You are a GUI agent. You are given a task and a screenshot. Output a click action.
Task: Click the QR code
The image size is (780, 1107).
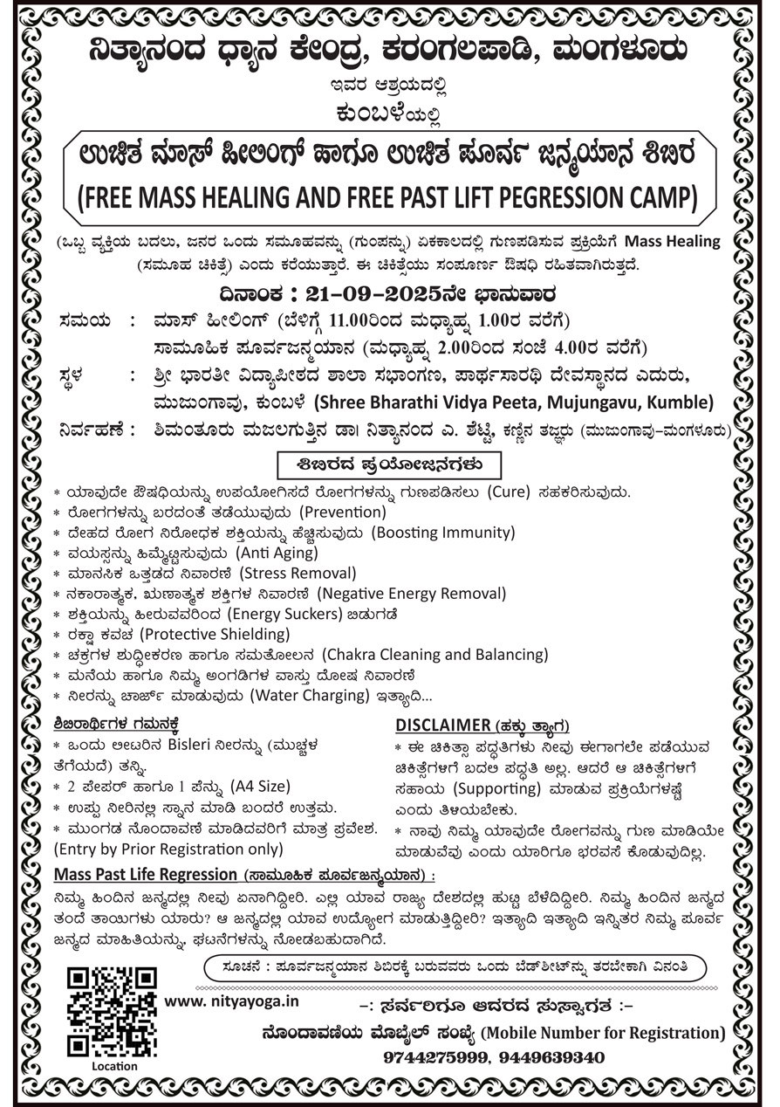[x=112, y=1011]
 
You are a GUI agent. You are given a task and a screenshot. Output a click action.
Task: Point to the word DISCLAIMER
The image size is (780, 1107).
[x=443, y=725]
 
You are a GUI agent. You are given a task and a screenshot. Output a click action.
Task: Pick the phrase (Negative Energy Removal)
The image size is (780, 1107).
[x=411, y=594]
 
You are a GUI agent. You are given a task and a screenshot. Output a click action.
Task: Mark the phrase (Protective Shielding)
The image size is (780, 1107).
[x=216, y=634]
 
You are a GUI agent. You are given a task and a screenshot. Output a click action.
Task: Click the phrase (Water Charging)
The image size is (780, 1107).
[x=310, y=696]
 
